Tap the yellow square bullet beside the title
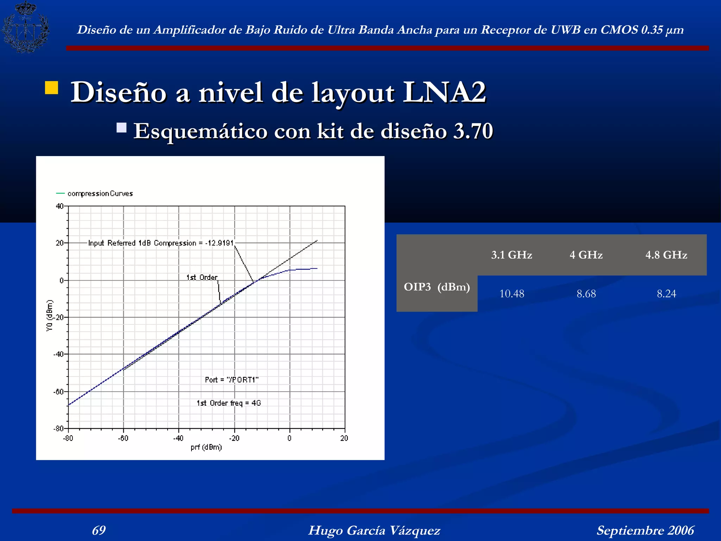click(x=51, y=88)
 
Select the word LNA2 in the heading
click(x=444, y=92)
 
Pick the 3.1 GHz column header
click(x=512, y=255)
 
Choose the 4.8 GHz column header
click(x=666, y=255)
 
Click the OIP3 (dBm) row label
click(x=437, y=287)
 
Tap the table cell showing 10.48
click(x=512, y=294)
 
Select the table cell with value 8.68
click(x=586, y=294)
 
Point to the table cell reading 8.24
click(x=666, y=294)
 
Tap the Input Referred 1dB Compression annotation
click(x=161, y=243)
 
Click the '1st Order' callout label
click(x=202, y=278)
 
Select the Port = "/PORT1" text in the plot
click(x=232, y=380)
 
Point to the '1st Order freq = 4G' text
click(x=229, y=403)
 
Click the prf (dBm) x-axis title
click(x=206, y=447)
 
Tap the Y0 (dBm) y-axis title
click(x=50, y=316)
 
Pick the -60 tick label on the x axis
click(x=123, y=438)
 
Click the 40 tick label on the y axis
click(x=59, y=206)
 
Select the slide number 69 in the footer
click(x=99, y=530)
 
